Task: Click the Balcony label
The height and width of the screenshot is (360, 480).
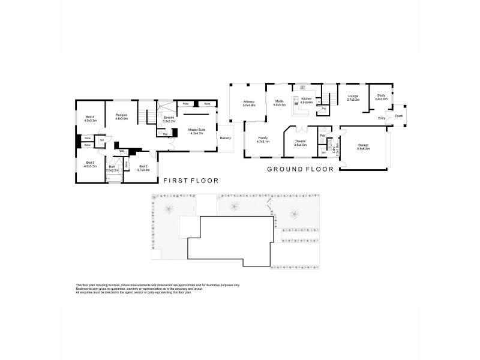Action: [226, 138]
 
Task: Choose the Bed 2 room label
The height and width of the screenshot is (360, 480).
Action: [143, 166]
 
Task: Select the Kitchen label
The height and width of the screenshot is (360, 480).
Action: [307, 98]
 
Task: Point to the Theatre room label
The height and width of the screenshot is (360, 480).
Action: [301, 142]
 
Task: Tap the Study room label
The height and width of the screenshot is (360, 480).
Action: [381, 95]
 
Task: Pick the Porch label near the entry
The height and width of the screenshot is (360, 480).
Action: [398, 116]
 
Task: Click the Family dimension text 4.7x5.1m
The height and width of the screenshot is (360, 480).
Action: [263, 142]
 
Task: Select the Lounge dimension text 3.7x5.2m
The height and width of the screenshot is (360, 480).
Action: [353, 100]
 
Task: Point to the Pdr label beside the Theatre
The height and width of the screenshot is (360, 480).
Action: [323, 136]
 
